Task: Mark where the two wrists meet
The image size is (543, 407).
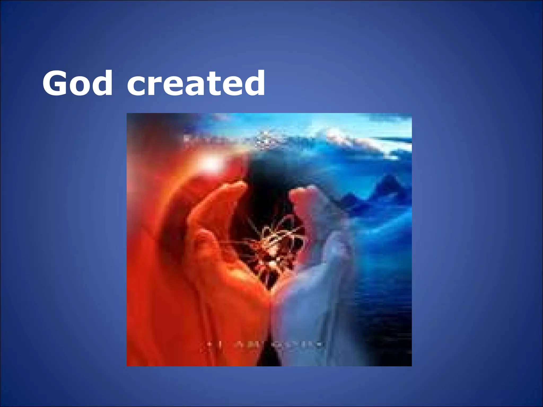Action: [270, 297]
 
